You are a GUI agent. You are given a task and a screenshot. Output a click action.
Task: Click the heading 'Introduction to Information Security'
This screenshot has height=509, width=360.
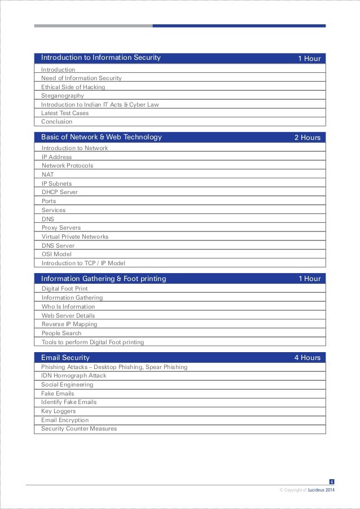click(101, 58)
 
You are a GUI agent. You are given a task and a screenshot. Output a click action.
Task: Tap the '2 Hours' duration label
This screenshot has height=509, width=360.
click(307, 137)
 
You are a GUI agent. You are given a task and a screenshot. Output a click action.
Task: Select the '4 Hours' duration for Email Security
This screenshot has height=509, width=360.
click(307, 357)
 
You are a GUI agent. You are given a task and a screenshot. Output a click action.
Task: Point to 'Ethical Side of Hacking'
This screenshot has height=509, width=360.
click(73, 87)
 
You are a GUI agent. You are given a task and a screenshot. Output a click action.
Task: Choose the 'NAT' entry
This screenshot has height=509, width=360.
click(47, 175)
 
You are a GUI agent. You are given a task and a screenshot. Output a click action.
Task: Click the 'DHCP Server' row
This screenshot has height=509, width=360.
click(60, 192)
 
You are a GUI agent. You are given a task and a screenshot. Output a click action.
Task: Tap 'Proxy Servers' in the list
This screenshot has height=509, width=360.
click(62, 228)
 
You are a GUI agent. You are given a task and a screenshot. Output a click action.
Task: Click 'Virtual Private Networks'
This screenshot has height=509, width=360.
click(75, 237)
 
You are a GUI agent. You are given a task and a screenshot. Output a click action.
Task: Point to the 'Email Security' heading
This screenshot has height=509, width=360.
click(65, 358)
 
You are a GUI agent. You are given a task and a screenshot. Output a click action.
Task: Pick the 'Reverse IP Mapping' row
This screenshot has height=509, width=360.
click(69, 324)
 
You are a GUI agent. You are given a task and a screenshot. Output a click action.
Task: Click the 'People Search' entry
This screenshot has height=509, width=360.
click(62, 334)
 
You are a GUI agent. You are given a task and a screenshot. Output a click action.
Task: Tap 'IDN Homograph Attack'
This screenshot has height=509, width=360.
click(73, 376)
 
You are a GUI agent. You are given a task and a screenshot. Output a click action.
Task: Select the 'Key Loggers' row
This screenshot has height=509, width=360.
click(58, 411)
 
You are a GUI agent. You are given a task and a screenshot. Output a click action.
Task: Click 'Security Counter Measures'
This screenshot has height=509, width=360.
click(79, 429)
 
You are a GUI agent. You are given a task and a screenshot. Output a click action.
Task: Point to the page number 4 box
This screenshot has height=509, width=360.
click(331, 481)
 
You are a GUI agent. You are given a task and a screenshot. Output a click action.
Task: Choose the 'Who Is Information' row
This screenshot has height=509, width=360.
click(68, 307)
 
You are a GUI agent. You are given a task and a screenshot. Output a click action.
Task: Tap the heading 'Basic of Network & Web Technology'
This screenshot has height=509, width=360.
click(102, 137)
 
